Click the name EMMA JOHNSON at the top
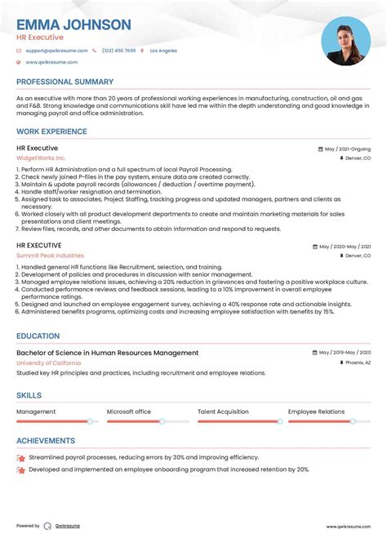[x=73, y=24]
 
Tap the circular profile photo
[x=346, y=42]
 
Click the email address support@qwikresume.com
[x=55, y=51]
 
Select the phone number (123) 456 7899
[x=118, y=51]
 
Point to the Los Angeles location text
[x=163, y=51]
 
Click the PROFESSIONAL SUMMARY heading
[x=64, y=82]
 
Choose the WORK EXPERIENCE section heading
[x=51, y=131]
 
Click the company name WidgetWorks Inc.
[x=41, y=158]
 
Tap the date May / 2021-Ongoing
[x=347, y=149]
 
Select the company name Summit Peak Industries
[x=49, y=256]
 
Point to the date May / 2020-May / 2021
[x=344, y=246]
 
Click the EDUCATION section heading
[x=38, y=336]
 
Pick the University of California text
[x=48, y=362]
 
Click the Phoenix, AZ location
[x=357, y=362]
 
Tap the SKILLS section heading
[x=29, y=395]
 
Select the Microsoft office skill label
[x=129, y=411]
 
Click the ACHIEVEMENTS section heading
[x=46, y=441]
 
